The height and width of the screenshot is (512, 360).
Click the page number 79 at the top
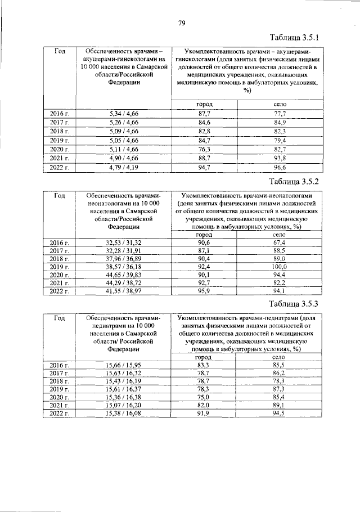coord(182,23)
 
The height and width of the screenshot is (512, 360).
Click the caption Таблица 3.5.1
coord(294,38)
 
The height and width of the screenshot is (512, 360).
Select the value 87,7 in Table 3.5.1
coord(204,114)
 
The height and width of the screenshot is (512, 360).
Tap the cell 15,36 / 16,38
coord(124,398)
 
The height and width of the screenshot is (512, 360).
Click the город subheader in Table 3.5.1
coord(204,105)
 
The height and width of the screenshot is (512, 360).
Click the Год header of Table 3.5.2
coord(60,195)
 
